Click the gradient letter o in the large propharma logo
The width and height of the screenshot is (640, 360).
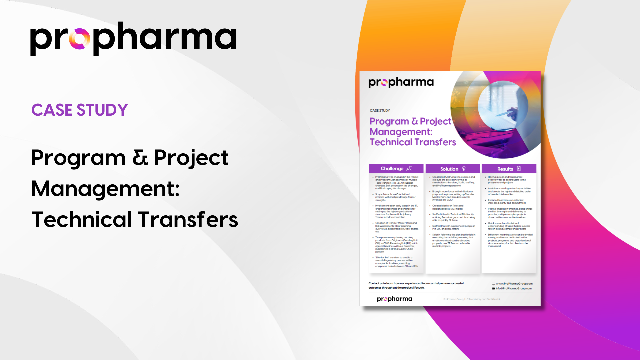click(79, 39)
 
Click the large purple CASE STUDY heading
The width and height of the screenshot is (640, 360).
click(80, 110)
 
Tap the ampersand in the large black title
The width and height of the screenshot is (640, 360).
click(140, 157)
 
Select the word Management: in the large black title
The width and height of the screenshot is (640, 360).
click(106, 189)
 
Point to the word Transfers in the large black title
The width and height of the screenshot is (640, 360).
click(188, 220)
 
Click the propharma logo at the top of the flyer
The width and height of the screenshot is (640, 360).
click(401, 82)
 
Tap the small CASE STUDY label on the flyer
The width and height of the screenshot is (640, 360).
click(380, 110)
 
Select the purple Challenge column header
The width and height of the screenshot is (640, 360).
click(392, 169)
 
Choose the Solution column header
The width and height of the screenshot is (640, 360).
click(449, 169)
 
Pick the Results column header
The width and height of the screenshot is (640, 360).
click(505, 169)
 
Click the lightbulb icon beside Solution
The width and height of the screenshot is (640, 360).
click(464, 169)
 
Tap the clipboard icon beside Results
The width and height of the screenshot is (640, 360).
click(519, 169)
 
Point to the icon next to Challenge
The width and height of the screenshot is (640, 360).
click(409, 168)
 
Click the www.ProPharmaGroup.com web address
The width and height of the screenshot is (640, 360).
click(514, 284)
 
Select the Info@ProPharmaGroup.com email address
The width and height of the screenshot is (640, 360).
click(514, 289)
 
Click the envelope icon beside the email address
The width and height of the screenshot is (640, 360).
click(493, 289)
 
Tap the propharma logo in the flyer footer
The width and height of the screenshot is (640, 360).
click(394, 299)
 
